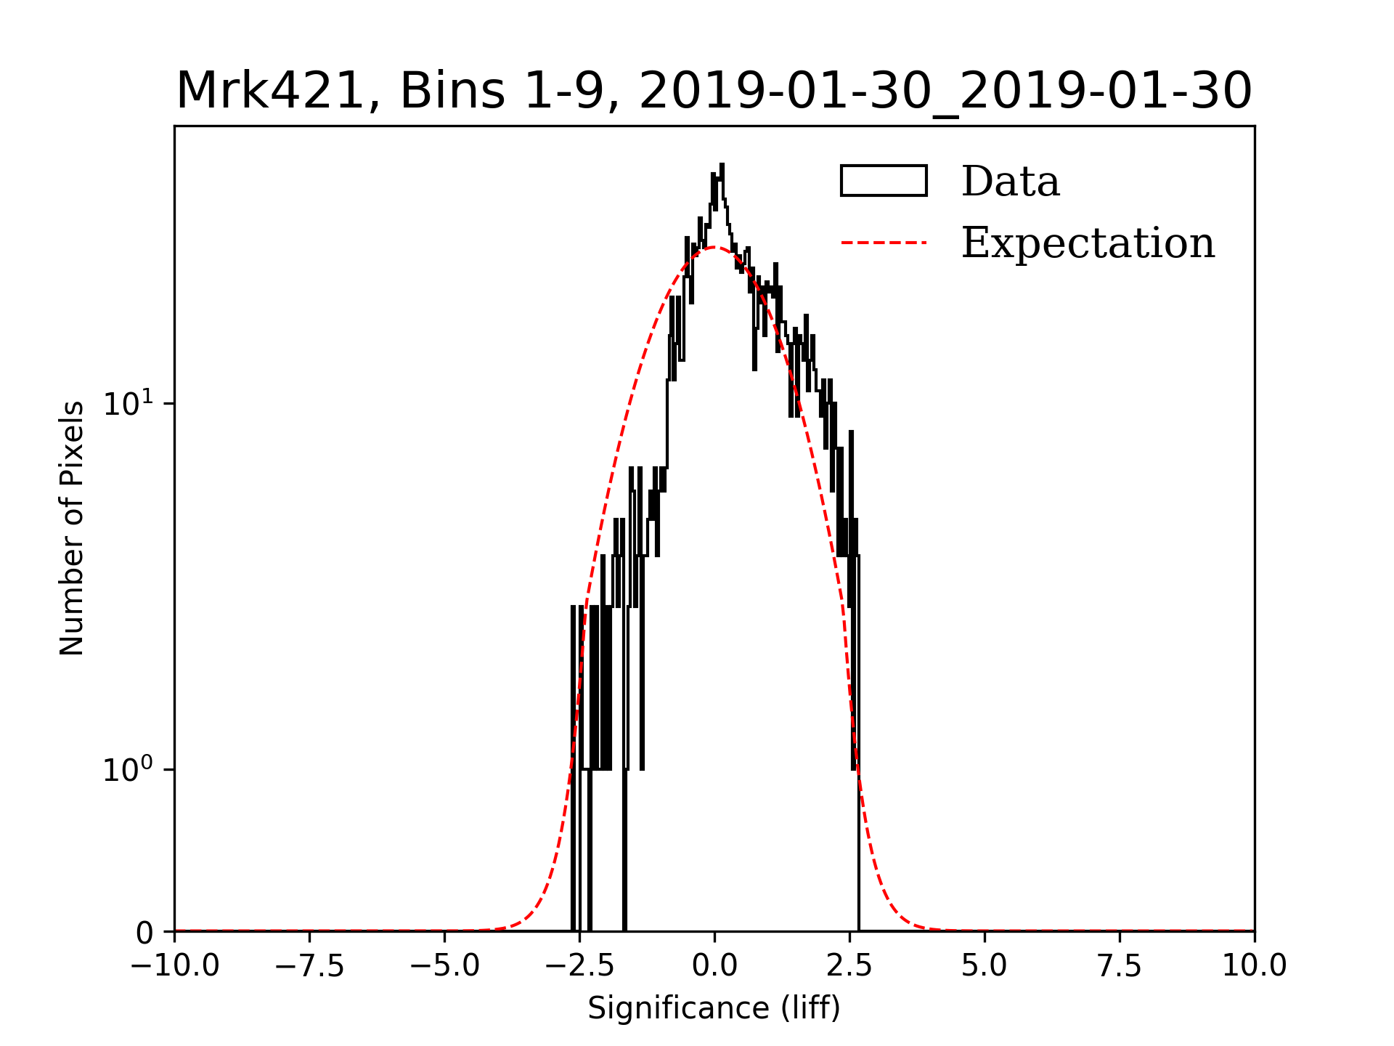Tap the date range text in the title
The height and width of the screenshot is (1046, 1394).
945,92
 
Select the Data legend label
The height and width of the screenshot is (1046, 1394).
1010,182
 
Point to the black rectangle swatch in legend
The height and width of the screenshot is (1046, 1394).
884,181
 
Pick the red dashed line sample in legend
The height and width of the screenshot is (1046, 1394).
884,243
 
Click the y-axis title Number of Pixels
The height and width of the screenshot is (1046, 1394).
72,528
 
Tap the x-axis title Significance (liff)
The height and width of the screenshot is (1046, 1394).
714,1008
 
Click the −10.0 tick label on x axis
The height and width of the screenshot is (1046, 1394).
175,966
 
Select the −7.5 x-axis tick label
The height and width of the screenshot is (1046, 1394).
310,966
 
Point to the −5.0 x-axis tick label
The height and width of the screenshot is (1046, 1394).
445,966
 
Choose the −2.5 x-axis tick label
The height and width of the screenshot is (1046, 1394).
580,966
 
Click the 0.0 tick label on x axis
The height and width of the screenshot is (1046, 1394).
714,966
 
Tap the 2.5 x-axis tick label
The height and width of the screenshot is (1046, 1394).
849,966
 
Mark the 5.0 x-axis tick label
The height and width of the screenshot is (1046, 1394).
985,966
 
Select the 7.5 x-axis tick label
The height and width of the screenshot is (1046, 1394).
1120,966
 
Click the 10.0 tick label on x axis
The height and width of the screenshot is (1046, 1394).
1255,966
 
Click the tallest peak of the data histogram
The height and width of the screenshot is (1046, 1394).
722,166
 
